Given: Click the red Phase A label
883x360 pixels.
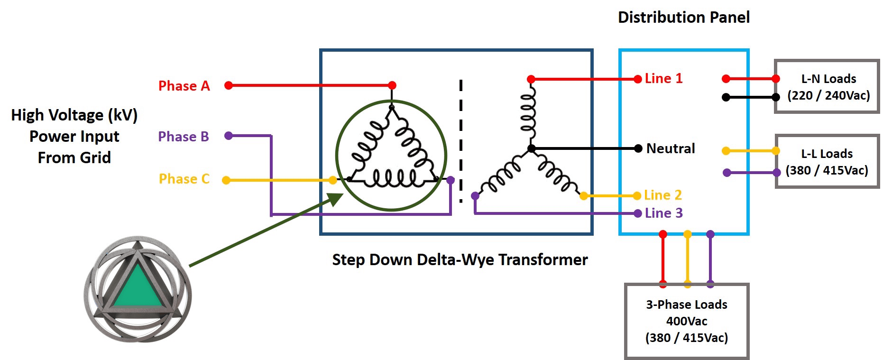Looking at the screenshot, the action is (184, 86).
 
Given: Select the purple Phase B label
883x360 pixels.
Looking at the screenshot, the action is (184, 137).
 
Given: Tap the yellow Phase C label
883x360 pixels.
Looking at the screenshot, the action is (184, 179).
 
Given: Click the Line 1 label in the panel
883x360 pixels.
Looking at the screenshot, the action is (663, 78).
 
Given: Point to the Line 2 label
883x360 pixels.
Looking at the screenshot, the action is (663, 195).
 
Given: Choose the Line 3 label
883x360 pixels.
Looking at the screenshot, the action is (663, 213).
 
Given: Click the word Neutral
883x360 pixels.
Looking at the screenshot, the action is (671, 148).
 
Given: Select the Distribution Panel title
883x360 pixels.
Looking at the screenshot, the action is (684, 18).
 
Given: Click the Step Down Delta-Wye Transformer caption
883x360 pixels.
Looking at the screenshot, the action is (460, 260).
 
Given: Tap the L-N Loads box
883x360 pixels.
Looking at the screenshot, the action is (827, 86).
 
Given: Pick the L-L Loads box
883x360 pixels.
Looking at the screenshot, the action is (828, 161).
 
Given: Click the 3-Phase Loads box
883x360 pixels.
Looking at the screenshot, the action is (687, 321).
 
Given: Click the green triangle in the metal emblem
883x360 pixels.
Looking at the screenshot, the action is (138, 287).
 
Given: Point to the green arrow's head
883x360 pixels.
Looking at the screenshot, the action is (336, 198).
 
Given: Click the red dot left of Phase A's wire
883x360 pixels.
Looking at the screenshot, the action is (229, 85).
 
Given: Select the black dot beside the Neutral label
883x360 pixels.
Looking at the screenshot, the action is (638, 148).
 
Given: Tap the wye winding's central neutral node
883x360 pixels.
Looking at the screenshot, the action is (532, 148).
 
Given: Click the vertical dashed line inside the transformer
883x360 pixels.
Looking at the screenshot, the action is (461, 141).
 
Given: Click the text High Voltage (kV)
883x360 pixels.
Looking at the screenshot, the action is (74, 115).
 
